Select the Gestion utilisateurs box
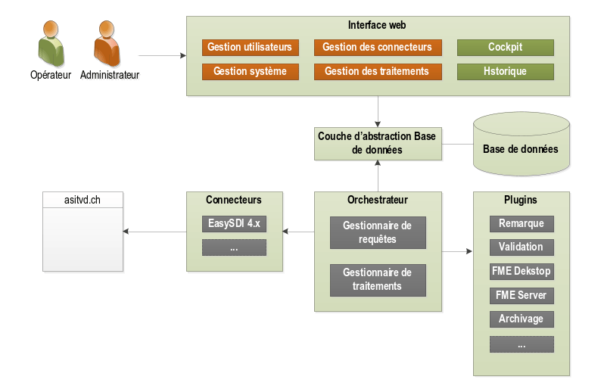point(250,47)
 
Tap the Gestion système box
point(250,72)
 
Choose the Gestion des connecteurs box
point(377,47)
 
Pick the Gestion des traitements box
point(377,72)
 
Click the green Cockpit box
point(505,47)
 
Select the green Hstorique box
point(505,72)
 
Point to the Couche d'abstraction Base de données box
point(378,143)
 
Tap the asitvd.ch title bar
point(83,200)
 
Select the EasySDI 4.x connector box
point(234,224)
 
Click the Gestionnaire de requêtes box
point(378,232)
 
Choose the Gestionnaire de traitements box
point(378,280)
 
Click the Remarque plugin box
point(521,224)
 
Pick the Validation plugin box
point(521,247)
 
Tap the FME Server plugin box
point(521,294)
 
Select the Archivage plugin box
point(521,319)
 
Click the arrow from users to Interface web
point(162,55)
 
